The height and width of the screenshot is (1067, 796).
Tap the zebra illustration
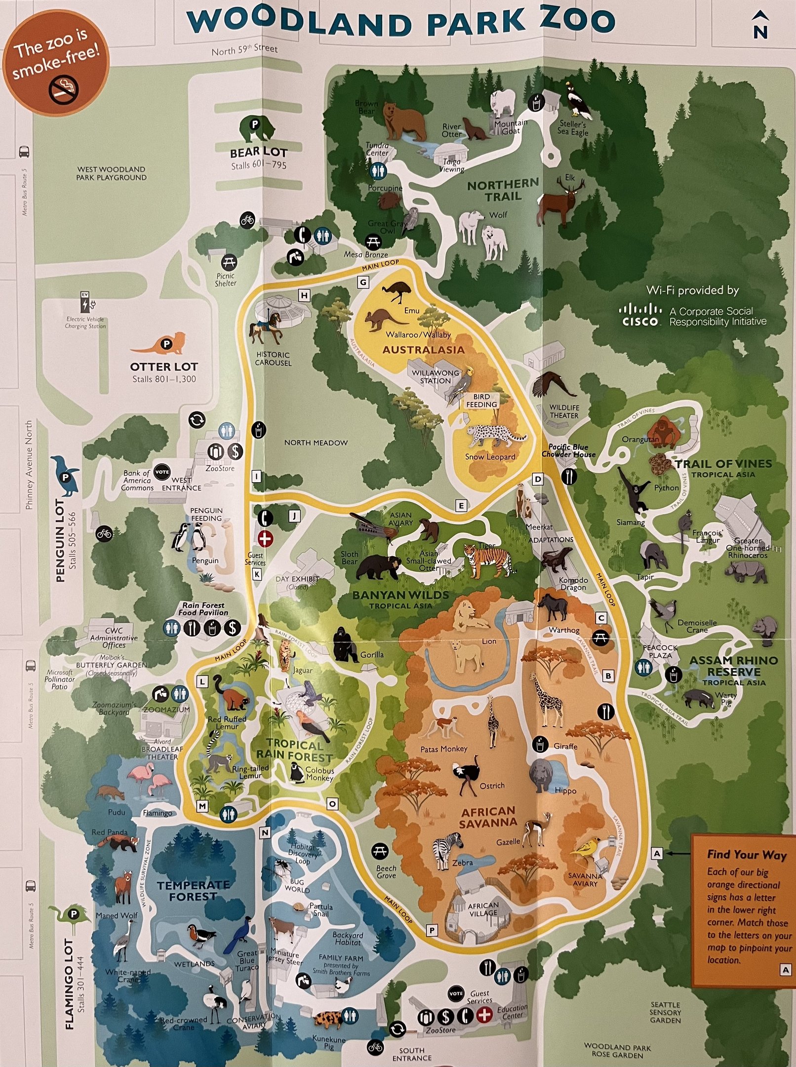click(447, 850)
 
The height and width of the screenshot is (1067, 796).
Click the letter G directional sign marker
click(363, 283)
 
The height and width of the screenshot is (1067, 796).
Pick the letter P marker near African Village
click(432, 931)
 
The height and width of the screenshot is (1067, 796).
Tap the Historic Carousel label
click(273, 359)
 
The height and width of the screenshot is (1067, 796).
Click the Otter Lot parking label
click(164, 367)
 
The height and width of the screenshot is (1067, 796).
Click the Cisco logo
click(640, 316)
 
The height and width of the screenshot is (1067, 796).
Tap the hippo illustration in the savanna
click(543, 776)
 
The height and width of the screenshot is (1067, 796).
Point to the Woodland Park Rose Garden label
click(617, 1051)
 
